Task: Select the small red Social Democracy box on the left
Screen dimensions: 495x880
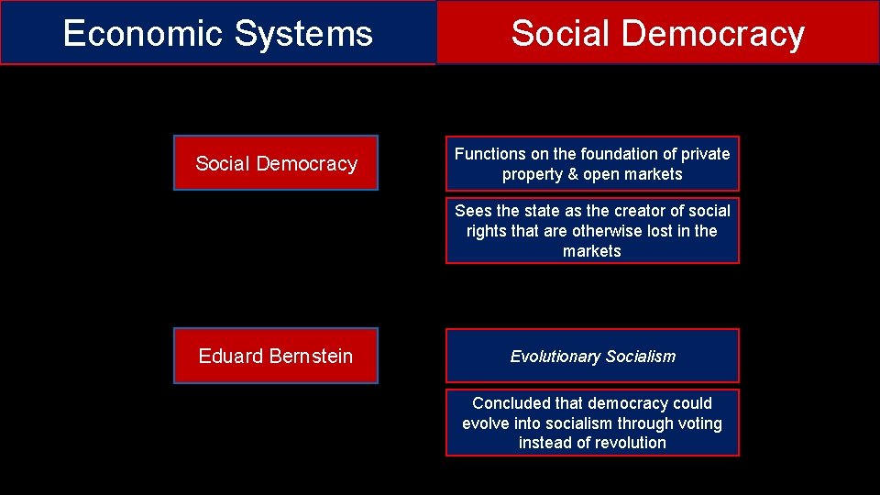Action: [x=276, y=163]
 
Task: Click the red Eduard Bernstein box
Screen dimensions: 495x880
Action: [x=276, y=356]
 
